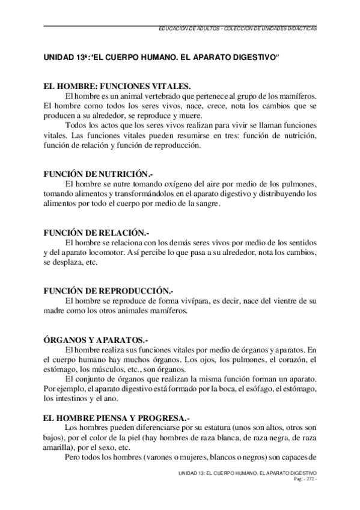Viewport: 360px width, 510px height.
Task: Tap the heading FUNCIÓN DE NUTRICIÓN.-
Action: tap(96, 173)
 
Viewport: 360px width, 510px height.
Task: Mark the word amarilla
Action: tap(58, 446)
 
